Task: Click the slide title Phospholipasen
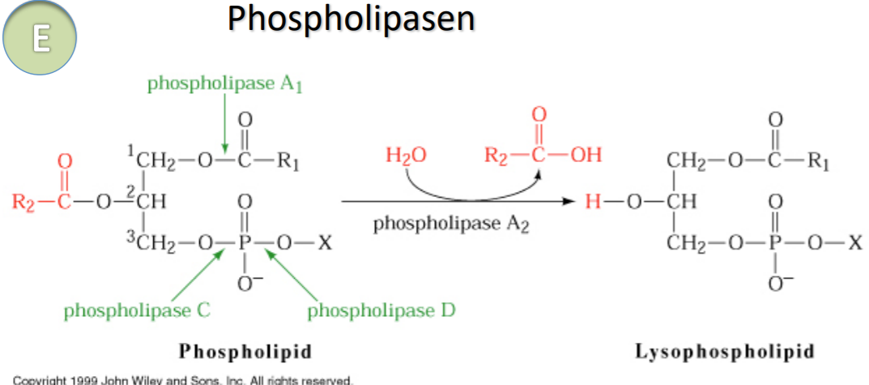pyautogui.click(x=350, y=20)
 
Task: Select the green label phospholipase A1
pyautogui.click(x=224, y=83)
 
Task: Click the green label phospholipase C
pyautogui.click(x=138, y=310)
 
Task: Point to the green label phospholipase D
pyautogui.click(x=381, y=310)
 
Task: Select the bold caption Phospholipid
pyautogui.click(x=245, y=351)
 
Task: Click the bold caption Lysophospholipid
pyautogui.click(x=725, y=351)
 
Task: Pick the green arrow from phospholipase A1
pyautogui.click(x=224, y=122)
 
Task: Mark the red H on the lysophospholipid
pyautogui.click(x=594, y=200)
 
